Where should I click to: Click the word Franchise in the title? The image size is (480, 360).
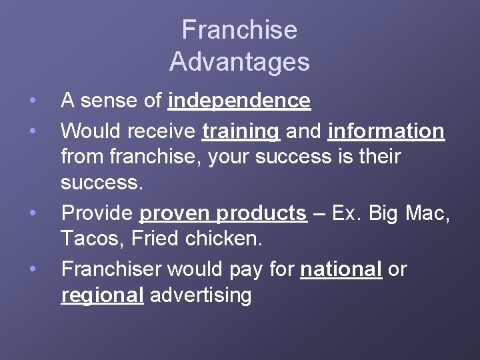pos(239,30)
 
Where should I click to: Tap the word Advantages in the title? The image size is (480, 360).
pos(239,61)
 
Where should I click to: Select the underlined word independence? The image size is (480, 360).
pos(239,101)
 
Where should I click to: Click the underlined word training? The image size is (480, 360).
pos(240,131)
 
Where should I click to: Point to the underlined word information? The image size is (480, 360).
pos(386,131)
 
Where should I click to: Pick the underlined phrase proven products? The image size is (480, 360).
pos(223,213)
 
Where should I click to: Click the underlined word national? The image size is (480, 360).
pos(341,269)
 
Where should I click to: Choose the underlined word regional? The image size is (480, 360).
pos(102,295)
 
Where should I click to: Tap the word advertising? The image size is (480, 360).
pos(201,295)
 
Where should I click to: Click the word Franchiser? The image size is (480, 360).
pos(111,269)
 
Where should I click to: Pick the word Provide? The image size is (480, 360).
pos(97,213)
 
